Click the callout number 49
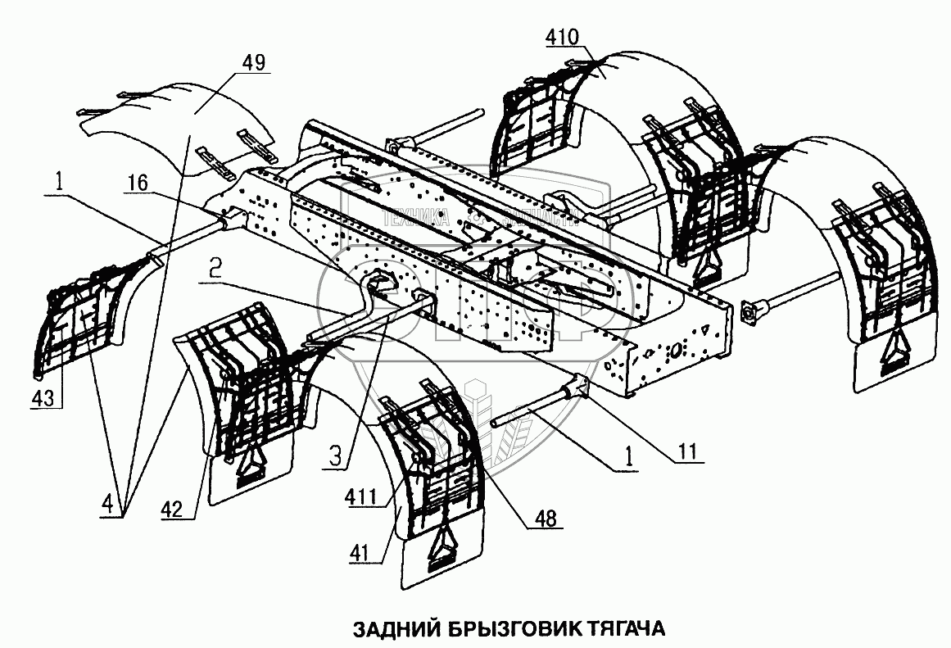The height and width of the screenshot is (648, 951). coord(254,61)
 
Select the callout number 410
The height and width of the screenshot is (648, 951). coord(564,37)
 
